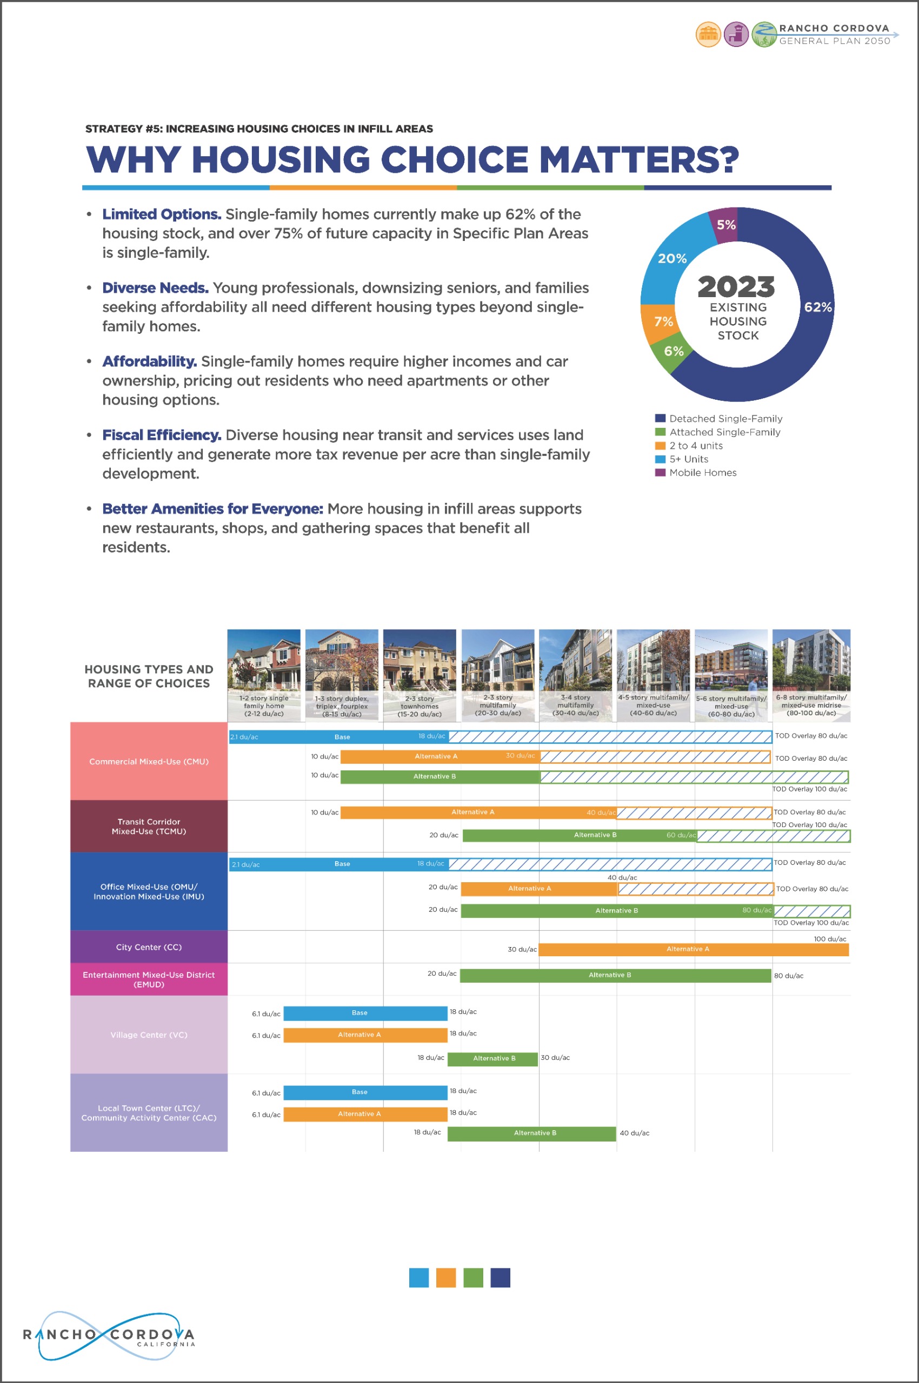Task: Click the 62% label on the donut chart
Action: [817, 307]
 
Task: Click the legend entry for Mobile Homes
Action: [702, 473]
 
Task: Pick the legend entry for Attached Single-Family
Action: [724, 432]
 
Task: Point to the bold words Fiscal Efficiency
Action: [161, 435]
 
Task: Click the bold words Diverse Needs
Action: [155, 288]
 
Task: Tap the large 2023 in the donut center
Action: [736, 286]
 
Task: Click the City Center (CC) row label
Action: [149, 947]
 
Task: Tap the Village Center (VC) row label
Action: [149, 1035]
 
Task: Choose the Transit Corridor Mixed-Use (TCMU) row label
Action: [149, 827]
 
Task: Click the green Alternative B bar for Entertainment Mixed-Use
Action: [615, 975]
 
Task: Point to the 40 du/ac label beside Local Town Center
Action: [634, 1133]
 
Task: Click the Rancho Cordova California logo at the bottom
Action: [109, 1336]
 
